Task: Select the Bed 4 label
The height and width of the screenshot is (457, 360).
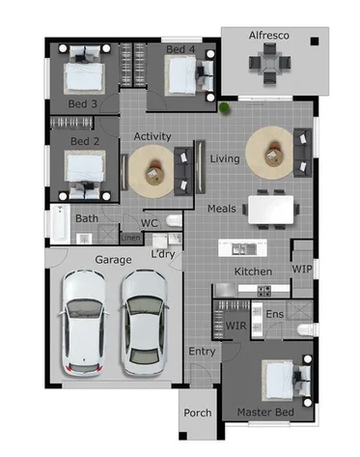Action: (x=180, y=49)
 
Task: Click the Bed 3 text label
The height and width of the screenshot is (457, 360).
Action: (x=81, y=103)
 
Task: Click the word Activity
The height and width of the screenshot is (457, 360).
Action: (x=152, y=136)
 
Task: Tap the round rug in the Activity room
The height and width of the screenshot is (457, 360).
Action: (x=154, y=172)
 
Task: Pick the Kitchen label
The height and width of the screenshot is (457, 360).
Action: (x=254, y=271)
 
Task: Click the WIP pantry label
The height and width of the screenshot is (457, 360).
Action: (x=302, y=269)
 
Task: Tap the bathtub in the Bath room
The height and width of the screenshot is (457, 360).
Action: (x=60, y=226)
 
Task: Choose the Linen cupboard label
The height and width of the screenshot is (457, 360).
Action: (x=129, y=238)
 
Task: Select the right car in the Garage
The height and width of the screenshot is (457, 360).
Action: (x=144, y=319)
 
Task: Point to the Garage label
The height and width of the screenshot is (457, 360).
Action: (x=113, y=260)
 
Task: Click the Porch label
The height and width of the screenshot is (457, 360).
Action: (x=198, y=414)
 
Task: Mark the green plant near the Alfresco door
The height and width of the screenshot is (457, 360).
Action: (x=224, y=109)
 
